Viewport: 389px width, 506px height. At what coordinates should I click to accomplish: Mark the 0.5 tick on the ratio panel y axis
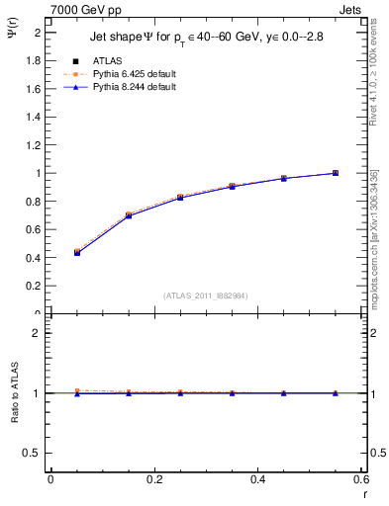click(x=36, y=453)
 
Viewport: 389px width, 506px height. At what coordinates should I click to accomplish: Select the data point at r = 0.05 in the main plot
click(x=77, y=252)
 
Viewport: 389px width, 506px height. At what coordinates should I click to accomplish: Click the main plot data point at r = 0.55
click(x=336, y=173)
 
